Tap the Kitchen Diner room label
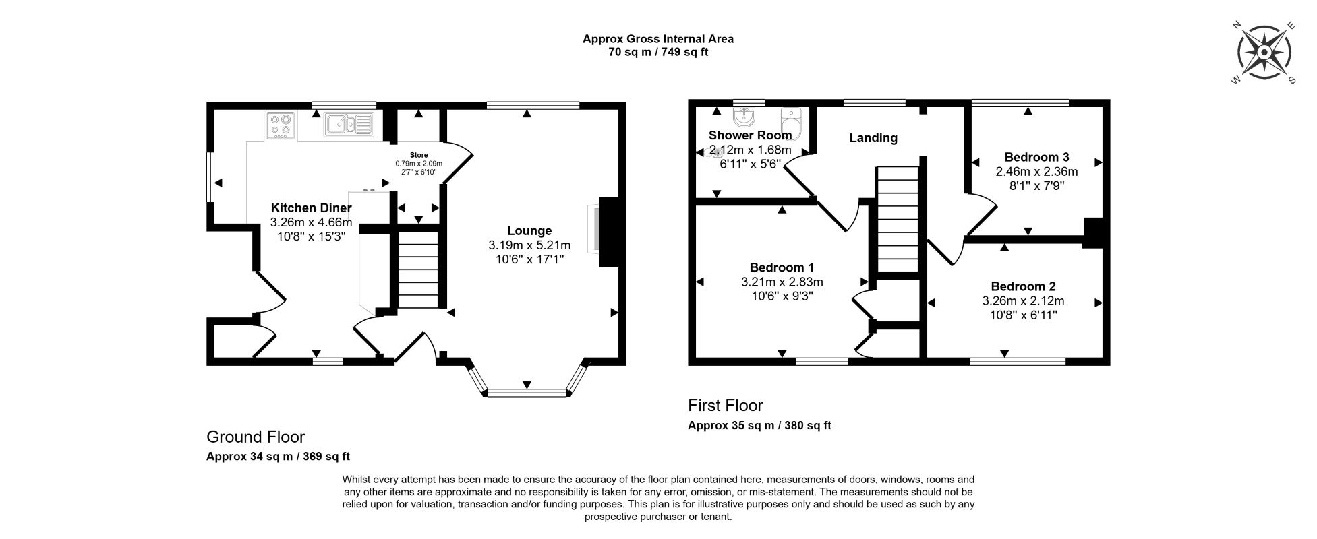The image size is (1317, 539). (x=311, y=208)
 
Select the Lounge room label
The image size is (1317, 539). (x=529, y=231)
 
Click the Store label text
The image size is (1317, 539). (x=419, y=155)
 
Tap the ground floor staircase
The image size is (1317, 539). (x=418, y=269)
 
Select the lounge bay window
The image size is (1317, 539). (x=527, y=381)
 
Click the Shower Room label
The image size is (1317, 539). (x=750, y=135)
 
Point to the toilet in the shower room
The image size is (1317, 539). (x=790, y=122)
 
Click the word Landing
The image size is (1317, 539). (x=873, y=138)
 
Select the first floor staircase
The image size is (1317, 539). (x=898, y=220)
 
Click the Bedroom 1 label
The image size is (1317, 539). (x=777, y=267)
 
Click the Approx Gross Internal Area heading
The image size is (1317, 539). (x=658, y=39)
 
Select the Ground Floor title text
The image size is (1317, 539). (x=256, y=437)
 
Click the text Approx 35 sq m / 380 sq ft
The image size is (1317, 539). (x=759, y=426)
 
